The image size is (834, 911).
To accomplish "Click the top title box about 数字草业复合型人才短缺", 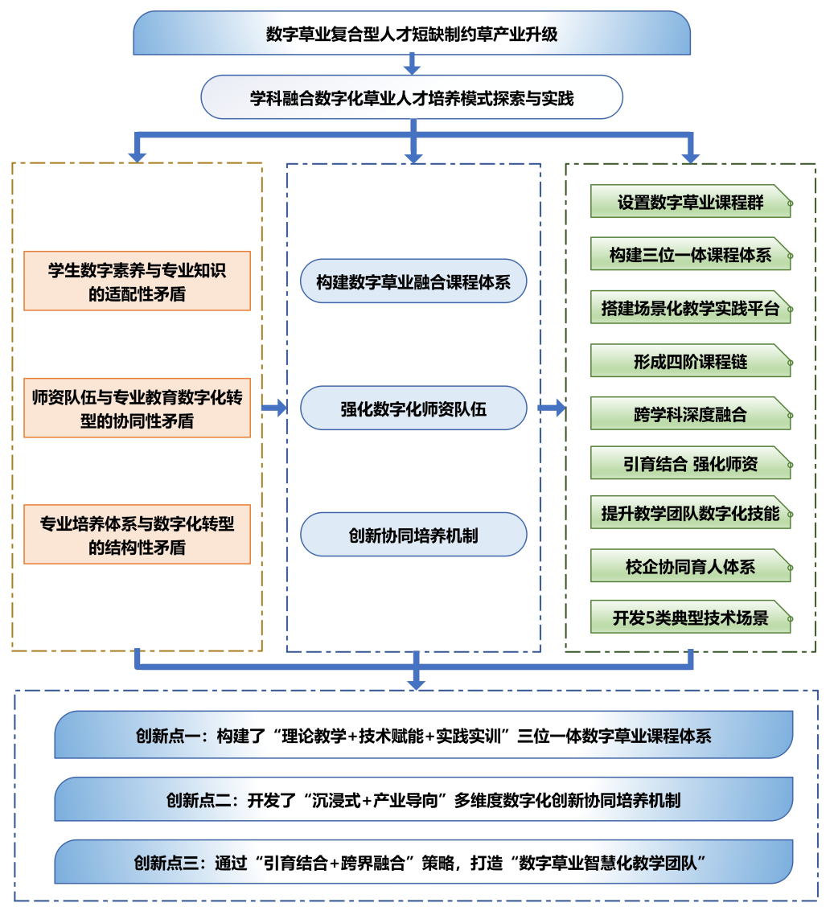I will click(412, 33).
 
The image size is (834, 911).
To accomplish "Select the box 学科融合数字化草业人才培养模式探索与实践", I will click(412, 97).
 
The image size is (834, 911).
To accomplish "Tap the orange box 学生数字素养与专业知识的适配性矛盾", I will click(137, 281).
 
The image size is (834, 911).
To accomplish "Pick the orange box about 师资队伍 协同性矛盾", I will click(137, 408).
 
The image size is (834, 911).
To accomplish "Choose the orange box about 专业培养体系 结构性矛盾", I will click(137, 535).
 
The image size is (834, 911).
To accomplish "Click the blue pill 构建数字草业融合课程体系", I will click(413, 281).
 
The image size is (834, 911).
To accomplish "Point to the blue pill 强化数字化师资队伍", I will click(413, 408).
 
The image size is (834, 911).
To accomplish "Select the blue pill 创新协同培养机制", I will click(413, 535).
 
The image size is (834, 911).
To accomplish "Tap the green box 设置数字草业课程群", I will click(690, 201).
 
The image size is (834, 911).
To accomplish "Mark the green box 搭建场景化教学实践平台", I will click(690, 307).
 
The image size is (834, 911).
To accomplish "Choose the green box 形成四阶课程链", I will click(690, 360).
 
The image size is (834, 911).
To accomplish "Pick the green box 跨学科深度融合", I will click(690, 413).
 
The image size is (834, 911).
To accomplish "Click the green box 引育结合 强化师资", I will click(690, 463).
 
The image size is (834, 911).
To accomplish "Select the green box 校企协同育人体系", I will click(690, 565).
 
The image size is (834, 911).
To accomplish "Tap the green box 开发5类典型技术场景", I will click(690, 617).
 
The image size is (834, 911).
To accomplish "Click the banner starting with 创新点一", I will click(423, 735).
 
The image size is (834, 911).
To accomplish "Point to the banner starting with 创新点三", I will click(423, 862).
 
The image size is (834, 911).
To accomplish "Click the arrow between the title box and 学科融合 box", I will click(412, 64).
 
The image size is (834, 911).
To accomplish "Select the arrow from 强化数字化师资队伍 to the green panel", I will click(552, 408).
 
